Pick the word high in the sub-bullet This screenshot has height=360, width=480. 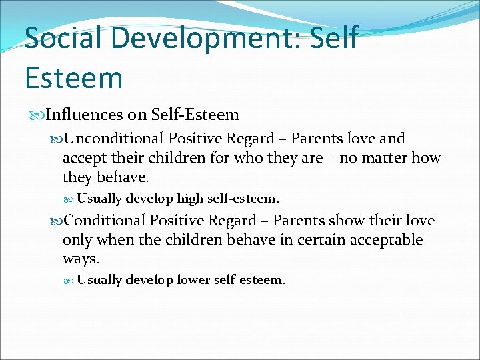tap(190, 198)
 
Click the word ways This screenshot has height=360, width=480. tap(80, 259)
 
